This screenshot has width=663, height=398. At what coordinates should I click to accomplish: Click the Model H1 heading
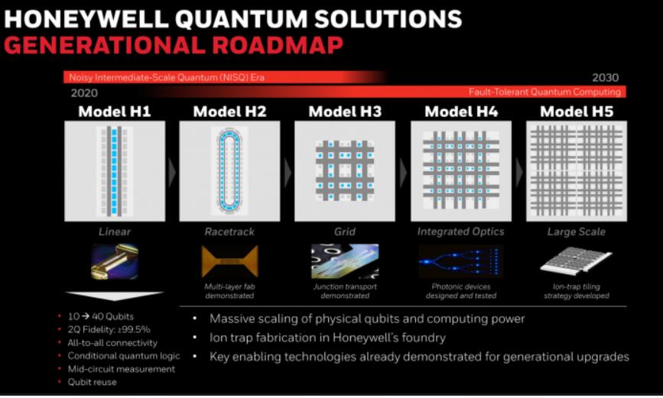pos(115,112)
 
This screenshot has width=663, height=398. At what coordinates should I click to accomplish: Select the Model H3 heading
pos(345,112)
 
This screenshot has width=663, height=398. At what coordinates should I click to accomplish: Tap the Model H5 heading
pos(577,112)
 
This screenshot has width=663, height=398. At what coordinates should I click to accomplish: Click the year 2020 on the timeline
pos(84,93)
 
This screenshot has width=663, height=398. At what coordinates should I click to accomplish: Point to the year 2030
pos(605,77)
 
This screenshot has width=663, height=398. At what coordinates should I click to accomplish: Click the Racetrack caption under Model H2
pos(229,231)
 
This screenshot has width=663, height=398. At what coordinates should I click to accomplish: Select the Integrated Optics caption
pos(460,231)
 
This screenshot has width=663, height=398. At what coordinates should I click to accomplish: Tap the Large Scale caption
pos(577,231)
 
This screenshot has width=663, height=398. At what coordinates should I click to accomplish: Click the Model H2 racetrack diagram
pos(229,171)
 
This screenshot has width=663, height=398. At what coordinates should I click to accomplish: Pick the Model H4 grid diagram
pos(461,171)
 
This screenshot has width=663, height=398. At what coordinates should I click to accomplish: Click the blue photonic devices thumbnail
pos(461,261)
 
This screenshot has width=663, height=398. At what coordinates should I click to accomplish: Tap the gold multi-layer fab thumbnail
pos(229,261)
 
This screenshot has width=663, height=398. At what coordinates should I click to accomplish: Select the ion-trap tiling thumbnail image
pos(576,260)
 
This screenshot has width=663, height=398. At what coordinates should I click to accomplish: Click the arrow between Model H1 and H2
pos(171,172)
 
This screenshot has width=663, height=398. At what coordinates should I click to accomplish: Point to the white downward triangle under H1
pos(114,295)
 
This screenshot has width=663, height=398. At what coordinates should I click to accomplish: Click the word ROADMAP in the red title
pos(278,45)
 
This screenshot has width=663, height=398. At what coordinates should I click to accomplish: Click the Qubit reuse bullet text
pos(93,382)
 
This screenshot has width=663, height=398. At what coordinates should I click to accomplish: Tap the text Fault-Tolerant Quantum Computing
pos(544,92)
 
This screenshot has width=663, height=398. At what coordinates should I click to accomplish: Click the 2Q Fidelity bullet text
pos(109,329)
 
